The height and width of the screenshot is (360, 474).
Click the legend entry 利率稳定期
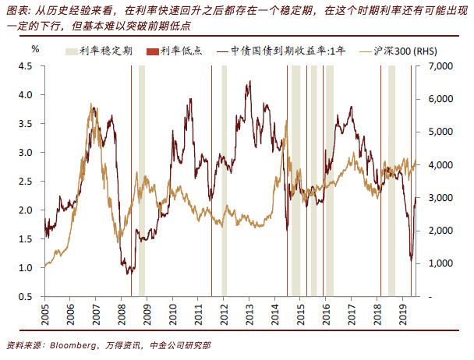[x=104, y=49]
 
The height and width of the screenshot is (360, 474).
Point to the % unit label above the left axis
[x=35, y=48]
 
